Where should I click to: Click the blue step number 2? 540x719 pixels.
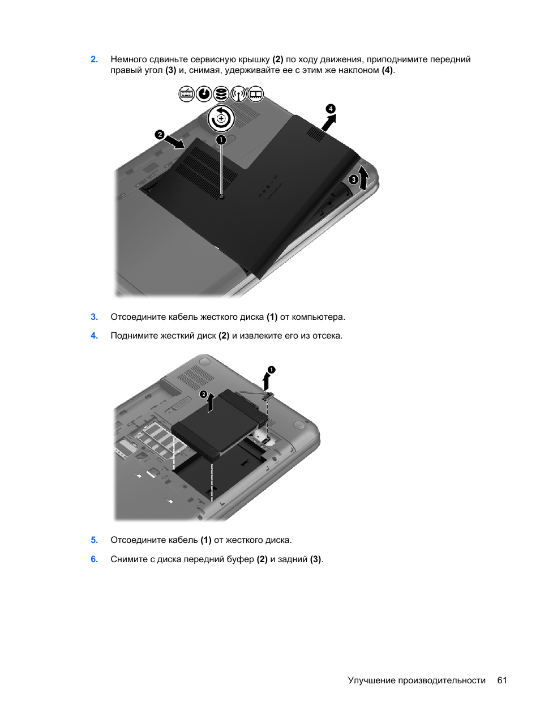point(95,59)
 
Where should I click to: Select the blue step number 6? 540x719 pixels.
point(95,559)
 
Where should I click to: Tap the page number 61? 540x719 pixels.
point(502,680)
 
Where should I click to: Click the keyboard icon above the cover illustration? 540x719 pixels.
point(187,94)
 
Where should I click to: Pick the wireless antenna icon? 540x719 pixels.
point(238,94)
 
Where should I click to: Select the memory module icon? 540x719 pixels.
point(255,94)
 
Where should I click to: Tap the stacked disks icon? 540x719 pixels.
point(221,94)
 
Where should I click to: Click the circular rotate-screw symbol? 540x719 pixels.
point(221,118)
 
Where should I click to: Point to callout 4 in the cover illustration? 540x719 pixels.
point(331,109)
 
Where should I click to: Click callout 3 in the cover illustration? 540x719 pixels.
point(353,179)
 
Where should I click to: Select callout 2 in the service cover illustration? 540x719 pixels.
point(160,134)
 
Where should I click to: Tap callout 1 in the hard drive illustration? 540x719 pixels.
point(272,370)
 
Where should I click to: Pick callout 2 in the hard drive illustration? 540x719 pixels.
point(204,394)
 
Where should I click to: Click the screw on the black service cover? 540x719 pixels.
point(222,197)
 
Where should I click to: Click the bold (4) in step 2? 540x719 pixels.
point(387,70)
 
